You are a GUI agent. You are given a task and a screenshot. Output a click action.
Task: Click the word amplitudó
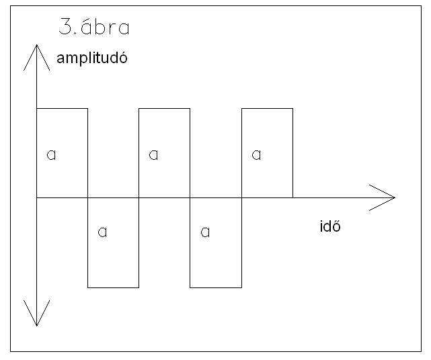tap(92, 58)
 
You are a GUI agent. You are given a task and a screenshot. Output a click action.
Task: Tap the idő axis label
tap(330, 226)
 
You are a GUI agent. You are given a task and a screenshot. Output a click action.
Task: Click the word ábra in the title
tap(106, 28)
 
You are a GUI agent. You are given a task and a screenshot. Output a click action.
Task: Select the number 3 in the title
tap(65, 26)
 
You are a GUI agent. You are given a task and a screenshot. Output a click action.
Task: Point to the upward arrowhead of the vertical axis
tap(36, 57)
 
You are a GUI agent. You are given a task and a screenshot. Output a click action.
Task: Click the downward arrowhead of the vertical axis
tap(36, 313)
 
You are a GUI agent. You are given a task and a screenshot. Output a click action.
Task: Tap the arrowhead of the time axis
tap(383, 197)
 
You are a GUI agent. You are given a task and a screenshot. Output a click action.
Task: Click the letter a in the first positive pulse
tap(51, 155)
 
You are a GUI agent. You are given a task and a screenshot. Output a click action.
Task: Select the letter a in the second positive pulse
tap(153, 155)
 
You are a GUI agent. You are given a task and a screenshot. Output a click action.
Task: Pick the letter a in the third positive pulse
tap(256, 155)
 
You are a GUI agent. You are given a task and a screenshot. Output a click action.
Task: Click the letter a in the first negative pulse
tap(102, 232)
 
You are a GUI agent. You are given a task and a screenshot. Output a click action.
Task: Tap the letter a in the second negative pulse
tap(205, 232)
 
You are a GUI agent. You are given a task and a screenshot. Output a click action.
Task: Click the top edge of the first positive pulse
tap(62, 108)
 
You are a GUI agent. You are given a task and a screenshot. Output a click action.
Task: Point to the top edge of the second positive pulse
tap(164, 108)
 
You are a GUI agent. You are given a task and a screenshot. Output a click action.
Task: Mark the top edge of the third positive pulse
tap(267, 108)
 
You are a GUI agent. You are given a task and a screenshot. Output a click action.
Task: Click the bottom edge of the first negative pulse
tap(113, 287)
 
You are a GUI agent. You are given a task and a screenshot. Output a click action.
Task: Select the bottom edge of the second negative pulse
tap(216, 287)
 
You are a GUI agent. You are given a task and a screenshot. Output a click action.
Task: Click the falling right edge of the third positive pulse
tap(292, 153)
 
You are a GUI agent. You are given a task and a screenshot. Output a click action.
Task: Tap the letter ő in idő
tap(337, 226)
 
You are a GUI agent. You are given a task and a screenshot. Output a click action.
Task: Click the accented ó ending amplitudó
tap(124, 57)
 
